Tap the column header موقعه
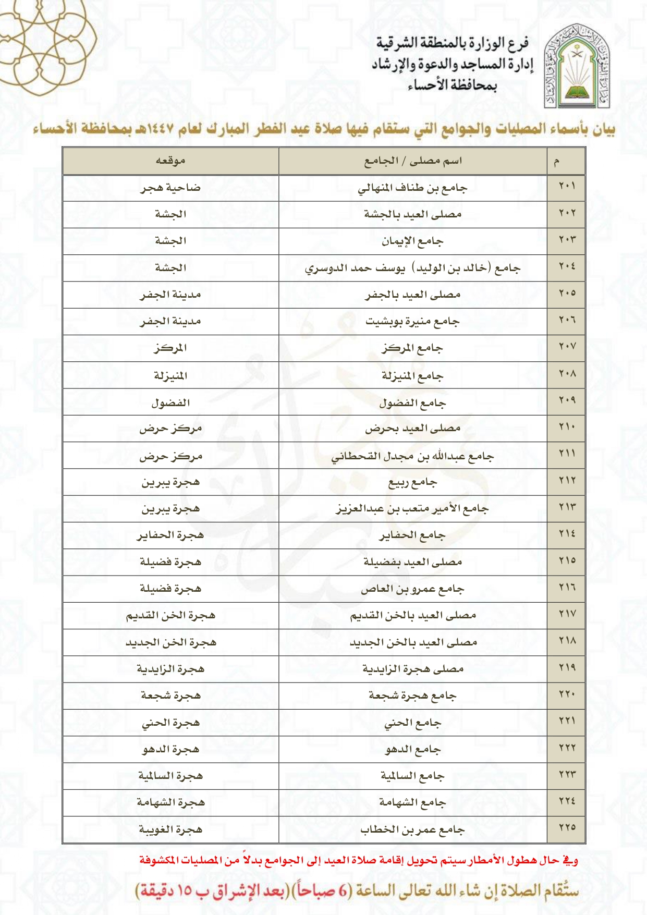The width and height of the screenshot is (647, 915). click(x=170, y=161)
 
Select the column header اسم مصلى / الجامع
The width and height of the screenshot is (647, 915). click(x=413, y=161)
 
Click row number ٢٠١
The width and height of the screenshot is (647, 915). click(x=567, y=186)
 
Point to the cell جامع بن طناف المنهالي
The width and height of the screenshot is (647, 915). click(x=413, y=188)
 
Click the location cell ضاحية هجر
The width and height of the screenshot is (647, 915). click(x=170, y=188)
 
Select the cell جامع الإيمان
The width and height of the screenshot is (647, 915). click(x=413, y=241)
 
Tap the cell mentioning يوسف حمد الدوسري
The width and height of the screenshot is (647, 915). click(x=413, y=268)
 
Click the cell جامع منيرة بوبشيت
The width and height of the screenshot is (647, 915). click(x=413, y=322)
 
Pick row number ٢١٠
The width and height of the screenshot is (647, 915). click(x=567, y=427)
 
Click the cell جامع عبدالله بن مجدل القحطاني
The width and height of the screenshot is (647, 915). click(x=413, y=456)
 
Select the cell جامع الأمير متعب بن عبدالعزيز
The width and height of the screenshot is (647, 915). click(x=413, y=508)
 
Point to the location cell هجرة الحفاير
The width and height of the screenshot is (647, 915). click(x=170, y=535)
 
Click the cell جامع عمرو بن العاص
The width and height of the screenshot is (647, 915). click(x=413, y=589)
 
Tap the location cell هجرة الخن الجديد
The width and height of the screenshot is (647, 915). click(x=170, y=642)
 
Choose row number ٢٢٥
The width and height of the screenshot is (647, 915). click(x=567, y=827)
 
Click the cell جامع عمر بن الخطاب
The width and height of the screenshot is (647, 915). click(x=413, y=829)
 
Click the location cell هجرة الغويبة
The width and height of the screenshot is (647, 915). click(x=170, y=829)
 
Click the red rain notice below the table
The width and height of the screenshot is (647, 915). click(x=359, y=860)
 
